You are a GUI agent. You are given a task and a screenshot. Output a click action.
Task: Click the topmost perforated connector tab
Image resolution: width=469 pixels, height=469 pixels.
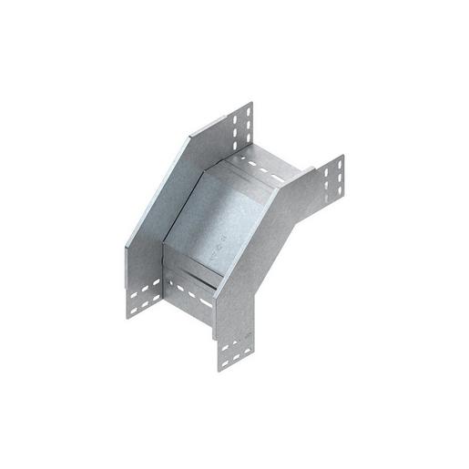[240, 127]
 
